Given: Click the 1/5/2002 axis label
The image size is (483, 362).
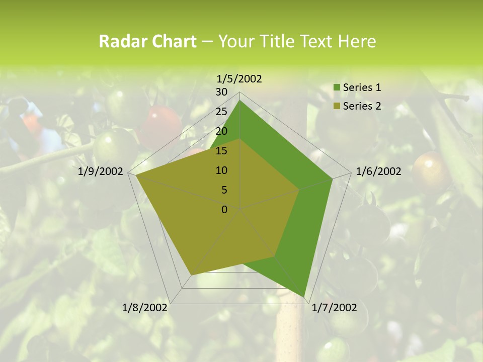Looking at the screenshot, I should [239, 78].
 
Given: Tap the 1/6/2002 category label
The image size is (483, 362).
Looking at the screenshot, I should [378, 171].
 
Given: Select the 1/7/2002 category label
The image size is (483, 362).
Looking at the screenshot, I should [334, 307].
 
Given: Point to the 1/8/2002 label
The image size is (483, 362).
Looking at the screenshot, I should [145, 307].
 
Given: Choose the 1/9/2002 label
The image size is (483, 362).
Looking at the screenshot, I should [101, 171].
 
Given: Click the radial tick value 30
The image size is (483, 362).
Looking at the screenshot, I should [221, 92].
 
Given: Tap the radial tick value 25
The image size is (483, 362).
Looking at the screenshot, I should [221, 112].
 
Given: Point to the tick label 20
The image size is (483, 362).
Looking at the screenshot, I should [221, 131].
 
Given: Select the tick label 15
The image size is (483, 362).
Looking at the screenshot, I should [221, 151].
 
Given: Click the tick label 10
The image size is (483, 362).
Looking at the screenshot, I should [221, 170].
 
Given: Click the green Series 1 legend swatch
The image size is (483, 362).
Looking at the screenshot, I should [337, 88].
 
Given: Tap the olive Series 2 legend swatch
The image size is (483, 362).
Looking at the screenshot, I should [337, 106].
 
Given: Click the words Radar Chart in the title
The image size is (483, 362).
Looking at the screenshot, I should [147, 41].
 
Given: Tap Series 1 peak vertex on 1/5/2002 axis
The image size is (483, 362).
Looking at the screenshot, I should [239, 100].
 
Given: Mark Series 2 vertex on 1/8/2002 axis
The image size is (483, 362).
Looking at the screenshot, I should [191, 275].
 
